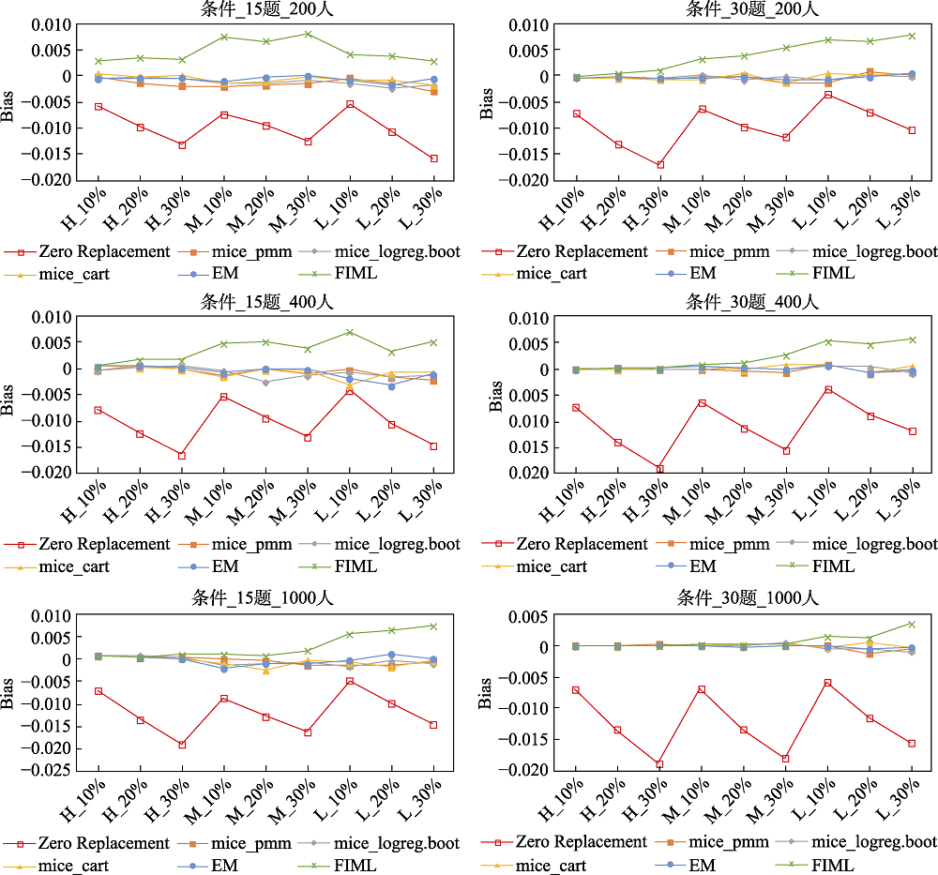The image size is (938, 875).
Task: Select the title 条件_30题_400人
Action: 753,302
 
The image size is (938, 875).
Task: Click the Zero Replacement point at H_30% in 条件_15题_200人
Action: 182,145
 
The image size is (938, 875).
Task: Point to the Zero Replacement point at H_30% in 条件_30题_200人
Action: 660,165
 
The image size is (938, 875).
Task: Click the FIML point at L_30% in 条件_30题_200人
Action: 912,36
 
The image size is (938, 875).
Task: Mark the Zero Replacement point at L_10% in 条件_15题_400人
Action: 350,390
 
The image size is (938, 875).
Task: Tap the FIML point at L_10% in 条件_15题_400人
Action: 350,332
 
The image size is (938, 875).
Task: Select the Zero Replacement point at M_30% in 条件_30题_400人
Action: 786,451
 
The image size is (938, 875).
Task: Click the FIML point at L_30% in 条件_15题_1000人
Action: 433,626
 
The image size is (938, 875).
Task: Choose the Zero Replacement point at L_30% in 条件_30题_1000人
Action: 912,744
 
